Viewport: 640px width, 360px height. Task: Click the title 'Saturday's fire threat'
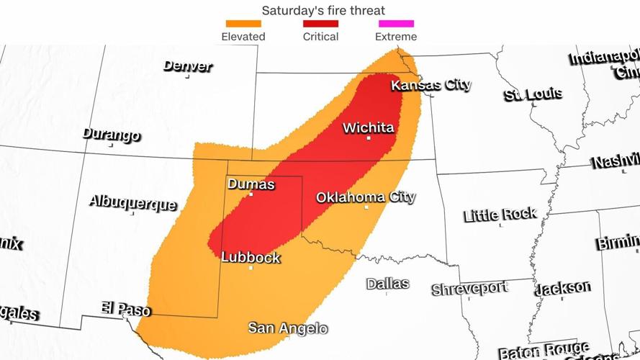(x=323, y=10)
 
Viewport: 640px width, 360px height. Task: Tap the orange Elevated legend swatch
(x=243, y=24)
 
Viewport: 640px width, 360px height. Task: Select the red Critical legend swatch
(x=320, y=24)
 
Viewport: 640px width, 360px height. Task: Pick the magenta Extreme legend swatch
(x=397, y=24)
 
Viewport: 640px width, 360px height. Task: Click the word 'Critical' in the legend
(x=320, y=37)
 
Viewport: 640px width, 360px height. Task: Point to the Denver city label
(x=188, y=66)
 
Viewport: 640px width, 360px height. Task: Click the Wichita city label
(x=368, y=128)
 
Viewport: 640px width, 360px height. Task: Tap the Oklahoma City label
(x=366, y=197)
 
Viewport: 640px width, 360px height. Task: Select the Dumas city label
(x=251, y=184)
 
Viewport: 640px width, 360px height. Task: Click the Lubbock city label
(x=251, y=257)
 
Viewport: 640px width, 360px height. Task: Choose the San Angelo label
(x=288, y=328)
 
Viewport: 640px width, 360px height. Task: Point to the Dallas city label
(x=387, y=284)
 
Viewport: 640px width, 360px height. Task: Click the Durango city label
(x=111, y=135)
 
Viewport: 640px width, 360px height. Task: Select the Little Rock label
(x=500, y=215)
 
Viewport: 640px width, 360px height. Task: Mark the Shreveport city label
(x=469, y=289)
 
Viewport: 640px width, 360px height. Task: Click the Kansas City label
(x=431, y=85)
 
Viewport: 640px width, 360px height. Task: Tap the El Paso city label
(x=126, y=309)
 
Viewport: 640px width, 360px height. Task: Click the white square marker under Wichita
(x=369, y=138)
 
